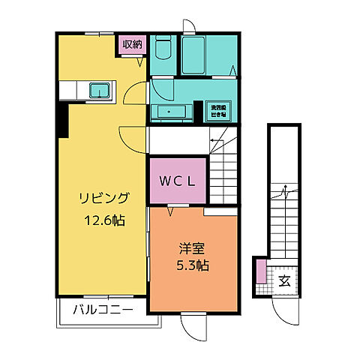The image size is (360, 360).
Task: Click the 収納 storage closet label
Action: point(132,45)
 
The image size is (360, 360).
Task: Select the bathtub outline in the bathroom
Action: point(198,54)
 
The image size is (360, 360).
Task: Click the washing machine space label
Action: point(218,110)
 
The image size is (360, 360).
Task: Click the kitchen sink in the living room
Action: point(100,91)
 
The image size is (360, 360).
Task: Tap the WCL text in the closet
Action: point(177,180)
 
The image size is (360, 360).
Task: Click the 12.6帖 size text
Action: point(104,221)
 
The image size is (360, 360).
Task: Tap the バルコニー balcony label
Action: point(103,310)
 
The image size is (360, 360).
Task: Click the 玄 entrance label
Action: point(285,281)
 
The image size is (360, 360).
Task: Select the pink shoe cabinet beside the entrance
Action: point(260,271)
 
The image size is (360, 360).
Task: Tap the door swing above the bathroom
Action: point(188,25)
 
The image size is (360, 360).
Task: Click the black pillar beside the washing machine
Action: point(198,110)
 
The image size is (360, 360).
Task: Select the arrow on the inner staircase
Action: point(214,140)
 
